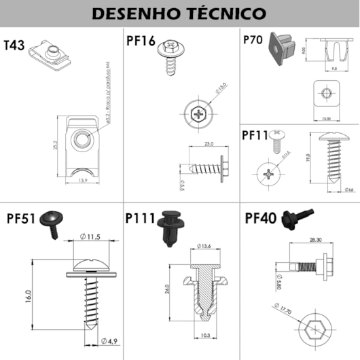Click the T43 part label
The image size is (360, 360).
14,46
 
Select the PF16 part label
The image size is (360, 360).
141,40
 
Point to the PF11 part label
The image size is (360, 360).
256,134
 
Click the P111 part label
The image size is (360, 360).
141,217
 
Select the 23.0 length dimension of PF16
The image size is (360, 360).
208,143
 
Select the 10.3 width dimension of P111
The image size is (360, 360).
206,336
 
